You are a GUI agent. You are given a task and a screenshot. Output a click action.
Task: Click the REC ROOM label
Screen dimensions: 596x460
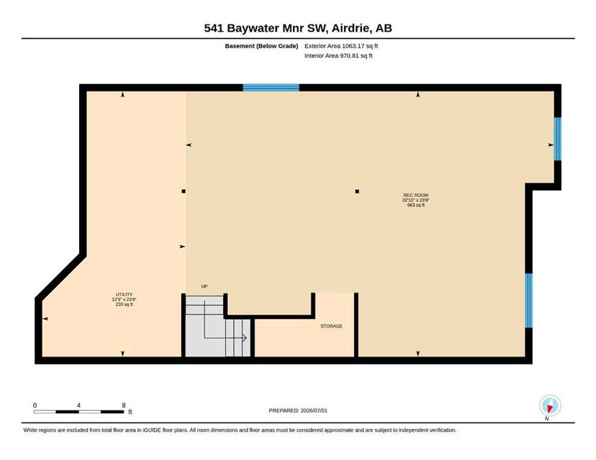click(416, 195)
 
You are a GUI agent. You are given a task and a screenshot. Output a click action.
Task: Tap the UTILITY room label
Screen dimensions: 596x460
click(124, 295)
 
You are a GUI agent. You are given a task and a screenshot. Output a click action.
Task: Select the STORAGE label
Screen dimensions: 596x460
click(331, 326)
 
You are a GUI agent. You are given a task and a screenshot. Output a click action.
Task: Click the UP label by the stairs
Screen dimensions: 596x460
click(204, 286)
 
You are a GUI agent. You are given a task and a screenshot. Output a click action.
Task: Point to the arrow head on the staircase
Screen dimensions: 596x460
click(245, 338)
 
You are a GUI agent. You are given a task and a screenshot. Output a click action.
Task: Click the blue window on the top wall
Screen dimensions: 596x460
click(271, 88)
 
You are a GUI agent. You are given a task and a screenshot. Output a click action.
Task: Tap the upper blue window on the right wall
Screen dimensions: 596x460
click(557, 139)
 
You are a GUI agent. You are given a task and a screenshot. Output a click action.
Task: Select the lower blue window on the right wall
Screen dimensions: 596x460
click(528, 300)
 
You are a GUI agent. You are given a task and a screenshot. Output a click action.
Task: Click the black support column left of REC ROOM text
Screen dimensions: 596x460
click(357, 191)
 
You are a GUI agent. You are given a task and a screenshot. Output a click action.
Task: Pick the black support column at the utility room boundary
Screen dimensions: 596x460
click(184, 191)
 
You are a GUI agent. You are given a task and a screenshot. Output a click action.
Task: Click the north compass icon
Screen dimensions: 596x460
click(550, 405)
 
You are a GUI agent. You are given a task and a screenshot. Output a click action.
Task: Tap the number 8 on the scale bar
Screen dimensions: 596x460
click(124, 405)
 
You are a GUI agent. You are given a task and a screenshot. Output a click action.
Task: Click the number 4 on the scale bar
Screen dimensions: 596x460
click(78, 405)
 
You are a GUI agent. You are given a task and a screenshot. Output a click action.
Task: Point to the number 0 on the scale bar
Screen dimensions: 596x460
click(35, 405)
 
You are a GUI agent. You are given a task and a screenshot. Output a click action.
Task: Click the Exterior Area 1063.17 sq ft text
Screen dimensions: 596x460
click(341, 46)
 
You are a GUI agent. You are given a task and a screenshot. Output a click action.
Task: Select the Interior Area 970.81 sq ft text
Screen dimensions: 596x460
click(338, 55)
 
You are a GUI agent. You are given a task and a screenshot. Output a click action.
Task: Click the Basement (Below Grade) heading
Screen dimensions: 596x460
click(261, 46)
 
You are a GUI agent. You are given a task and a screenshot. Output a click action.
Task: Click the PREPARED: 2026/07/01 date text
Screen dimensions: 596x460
click(298, 410)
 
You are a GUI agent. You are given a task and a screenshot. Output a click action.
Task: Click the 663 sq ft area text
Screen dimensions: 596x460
click(416, 205)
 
